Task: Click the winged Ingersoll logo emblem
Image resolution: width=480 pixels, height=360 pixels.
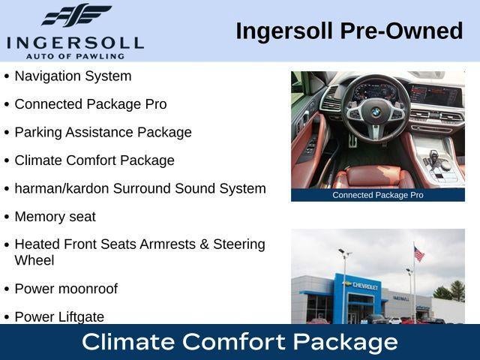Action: (x=76, y=15)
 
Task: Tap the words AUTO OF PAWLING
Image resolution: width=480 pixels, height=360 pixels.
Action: (x=75, y=56)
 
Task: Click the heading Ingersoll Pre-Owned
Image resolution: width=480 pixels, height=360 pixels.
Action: (x=349, y=31)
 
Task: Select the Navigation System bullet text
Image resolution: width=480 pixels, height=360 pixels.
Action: (x=73, y=76)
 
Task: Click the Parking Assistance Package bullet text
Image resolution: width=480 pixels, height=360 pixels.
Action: (x=103, y=132)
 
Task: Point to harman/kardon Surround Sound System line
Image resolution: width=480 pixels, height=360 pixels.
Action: (x=140, y=188)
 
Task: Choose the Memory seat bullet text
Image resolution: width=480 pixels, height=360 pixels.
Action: (x=55, y=217)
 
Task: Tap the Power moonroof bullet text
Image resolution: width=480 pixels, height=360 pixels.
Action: (x=66, y=289)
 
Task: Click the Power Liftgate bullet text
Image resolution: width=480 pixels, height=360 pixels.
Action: (x=59, y=316)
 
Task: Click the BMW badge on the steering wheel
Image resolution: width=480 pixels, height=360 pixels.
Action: (x=376, y=112)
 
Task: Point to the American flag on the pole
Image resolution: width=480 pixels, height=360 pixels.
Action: (x=418, y=253)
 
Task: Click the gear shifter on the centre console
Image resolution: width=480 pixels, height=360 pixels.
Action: (x=434, y=157)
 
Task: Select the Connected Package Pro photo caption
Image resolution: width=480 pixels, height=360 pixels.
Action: (x=378, y=195)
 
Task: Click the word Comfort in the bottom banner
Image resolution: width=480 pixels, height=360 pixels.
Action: (x=234, y=341)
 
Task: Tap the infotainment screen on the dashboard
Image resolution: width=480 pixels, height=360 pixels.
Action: (x=435, y=94)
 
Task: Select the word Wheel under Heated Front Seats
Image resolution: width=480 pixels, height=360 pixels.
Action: (x=34, y=260)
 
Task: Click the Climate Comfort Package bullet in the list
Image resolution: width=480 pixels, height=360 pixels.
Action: (x=94, y=160)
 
